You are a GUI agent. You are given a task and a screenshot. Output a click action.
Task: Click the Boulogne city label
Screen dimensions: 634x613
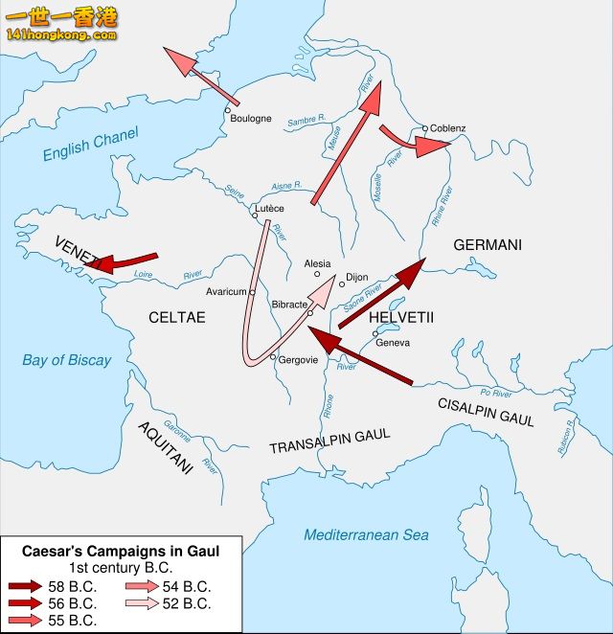pos(251,120)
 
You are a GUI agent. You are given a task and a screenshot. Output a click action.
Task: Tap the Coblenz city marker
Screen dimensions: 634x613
pos(425,128)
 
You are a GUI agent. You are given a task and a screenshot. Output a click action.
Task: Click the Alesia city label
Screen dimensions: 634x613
pos(317,263)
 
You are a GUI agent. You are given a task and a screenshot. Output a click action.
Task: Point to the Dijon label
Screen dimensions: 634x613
pos(356,277)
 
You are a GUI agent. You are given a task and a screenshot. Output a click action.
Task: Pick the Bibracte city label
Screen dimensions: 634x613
pos(289,304)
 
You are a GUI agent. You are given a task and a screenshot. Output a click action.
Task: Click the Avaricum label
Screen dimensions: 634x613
pos(227,292)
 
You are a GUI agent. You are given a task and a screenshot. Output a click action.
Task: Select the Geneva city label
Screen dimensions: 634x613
pos(393,342)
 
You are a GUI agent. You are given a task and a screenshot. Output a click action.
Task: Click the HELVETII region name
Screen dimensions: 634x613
pos(401,317)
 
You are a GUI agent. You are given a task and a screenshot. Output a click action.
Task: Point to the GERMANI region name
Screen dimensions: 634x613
pos(488,245)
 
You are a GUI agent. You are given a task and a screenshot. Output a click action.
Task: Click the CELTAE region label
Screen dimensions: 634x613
pos(176,317)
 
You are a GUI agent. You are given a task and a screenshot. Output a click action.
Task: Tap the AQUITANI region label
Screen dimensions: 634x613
pos(166,447)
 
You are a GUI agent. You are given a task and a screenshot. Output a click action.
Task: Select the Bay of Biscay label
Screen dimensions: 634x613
pos(67,361)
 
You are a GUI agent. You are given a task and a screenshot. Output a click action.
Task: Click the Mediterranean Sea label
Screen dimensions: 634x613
pos(366,535)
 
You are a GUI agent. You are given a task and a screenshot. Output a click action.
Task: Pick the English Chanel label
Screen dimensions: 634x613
pos(91,144)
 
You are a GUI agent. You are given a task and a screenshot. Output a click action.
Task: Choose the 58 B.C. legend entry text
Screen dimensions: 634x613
pos(73,586)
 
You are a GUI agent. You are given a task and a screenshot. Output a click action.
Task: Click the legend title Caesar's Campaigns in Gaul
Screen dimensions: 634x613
pos(121,552)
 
